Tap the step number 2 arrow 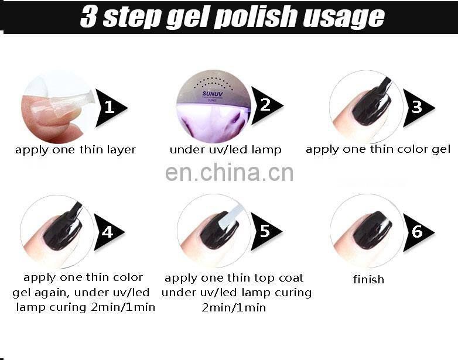(x=266, y=105)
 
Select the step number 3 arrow (x=418, y=108)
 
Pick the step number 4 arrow (x=108, y=232)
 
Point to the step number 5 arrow (x=265, y=231)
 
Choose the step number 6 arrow (x=418, y=232)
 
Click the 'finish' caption (x=368, y=279)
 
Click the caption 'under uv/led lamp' (x=225, y=150)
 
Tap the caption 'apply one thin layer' (x=76, y=150)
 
